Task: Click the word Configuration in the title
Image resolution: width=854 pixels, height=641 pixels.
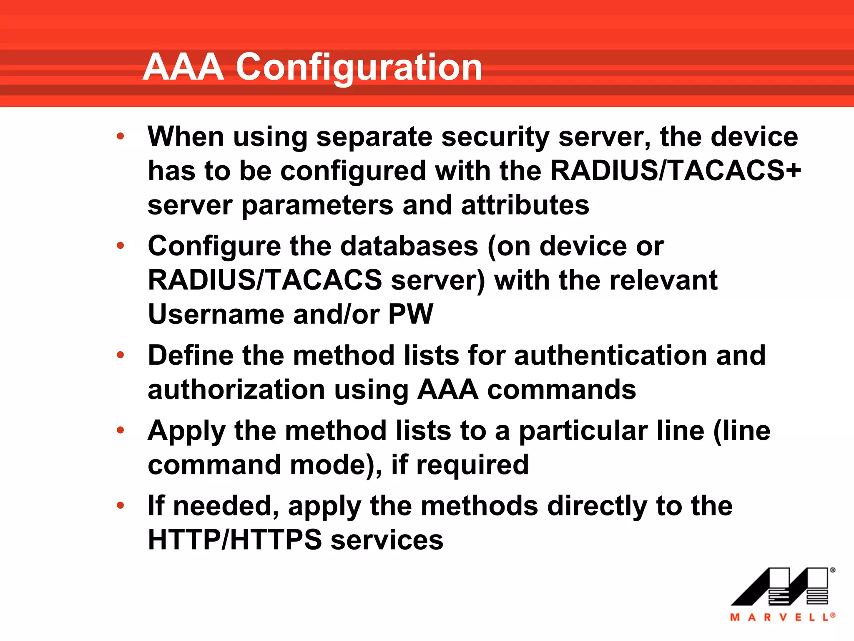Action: tap(359, 68)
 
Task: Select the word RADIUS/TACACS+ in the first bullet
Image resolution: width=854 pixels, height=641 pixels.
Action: tap(676, 171)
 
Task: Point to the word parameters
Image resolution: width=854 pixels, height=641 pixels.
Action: tap(317, 205)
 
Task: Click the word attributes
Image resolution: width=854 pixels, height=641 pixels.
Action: tap(525, 205)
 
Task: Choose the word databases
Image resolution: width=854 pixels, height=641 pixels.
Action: tap(409, 246)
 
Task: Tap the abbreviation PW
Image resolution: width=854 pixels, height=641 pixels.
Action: tap(411, 314)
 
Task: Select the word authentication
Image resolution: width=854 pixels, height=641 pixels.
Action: tap(610, 356)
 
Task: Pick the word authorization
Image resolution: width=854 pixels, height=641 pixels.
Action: tap(236, 390)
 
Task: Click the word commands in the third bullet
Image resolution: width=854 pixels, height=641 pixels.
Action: tap(561, 390)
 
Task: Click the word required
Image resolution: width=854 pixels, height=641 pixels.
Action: tap(472, 465)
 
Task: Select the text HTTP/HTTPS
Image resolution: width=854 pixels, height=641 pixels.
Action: tap(235, 540)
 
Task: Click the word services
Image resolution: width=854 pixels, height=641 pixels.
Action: tap(387, 540)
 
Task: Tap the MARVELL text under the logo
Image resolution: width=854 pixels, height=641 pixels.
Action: tap(782, 617)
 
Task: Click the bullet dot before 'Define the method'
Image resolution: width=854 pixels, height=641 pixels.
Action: tap(121, 355)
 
